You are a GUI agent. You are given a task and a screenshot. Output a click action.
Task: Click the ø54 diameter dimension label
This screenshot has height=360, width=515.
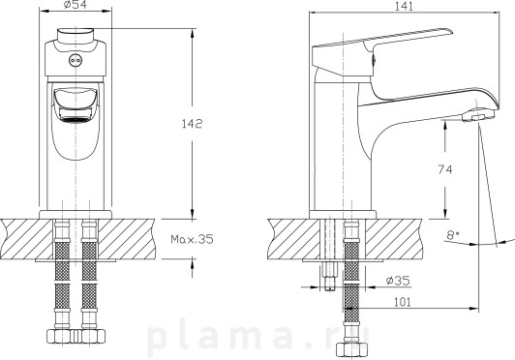tap(76, 4)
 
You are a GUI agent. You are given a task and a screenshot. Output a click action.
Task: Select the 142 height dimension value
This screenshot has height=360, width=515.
tap(192, 124)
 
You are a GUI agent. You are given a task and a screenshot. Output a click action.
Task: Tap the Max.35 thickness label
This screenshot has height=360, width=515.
tap(192, 239)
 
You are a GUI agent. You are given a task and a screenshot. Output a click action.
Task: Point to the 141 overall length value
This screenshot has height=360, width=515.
tap(404, 6)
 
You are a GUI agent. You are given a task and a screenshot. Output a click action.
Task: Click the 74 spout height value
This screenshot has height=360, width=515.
tap(444, 169)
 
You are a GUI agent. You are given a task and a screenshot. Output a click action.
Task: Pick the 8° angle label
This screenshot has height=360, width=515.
tap(453, 234)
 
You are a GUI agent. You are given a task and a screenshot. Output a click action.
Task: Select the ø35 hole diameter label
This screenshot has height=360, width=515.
tap(399, 281)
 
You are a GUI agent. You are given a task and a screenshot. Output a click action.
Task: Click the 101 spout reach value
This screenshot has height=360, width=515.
tap(402, 302)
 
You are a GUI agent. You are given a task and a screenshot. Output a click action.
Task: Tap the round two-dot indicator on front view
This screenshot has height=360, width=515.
tap(76, 60)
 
